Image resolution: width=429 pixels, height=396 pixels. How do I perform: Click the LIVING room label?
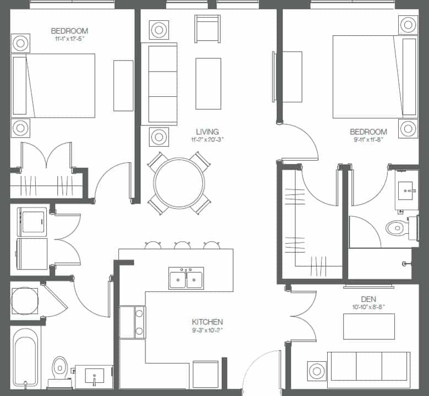click(x=207, y=132)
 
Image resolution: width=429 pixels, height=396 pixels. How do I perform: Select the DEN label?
click(x=368, y=299)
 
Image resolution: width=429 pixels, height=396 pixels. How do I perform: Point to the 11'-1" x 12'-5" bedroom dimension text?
click(x=69, y=40)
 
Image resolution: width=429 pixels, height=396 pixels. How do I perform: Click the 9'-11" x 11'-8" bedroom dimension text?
click(x=368, y=140)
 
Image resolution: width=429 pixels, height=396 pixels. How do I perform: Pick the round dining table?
click(x=180, y=183)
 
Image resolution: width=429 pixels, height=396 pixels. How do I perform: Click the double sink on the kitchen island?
click(x=186, y=278)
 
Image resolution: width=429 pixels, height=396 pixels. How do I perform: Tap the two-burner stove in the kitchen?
click(x=132, y=322)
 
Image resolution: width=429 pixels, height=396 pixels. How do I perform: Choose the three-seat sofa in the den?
click(x=368, y=366)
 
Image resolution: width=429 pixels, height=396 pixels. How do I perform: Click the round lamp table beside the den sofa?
click(x=317, y=370)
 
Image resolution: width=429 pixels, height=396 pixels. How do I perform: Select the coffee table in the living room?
click(x=208, y=84)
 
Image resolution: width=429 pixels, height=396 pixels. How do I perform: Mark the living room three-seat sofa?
click(x=159, y=84)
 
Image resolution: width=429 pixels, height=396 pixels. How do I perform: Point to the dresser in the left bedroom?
click(x=123, y=85)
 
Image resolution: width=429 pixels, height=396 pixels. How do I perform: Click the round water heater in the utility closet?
click(x=24, y=301)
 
